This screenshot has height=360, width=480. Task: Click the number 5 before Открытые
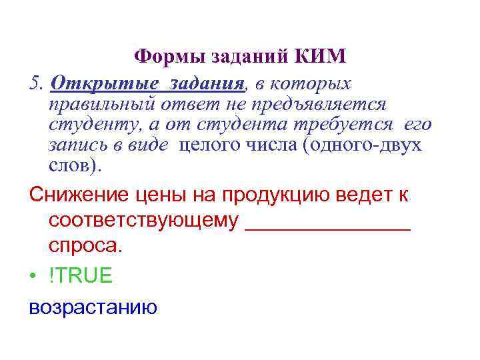(x=35, y=83)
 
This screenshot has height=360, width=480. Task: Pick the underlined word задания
(x=206, y=84)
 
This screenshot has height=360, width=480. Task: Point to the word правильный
(x=102, y=104)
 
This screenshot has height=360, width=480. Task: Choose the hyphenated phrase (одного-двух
(x=363, y=145)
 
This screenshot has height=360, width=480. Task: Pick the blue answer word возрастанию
(x=93, y=307)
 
